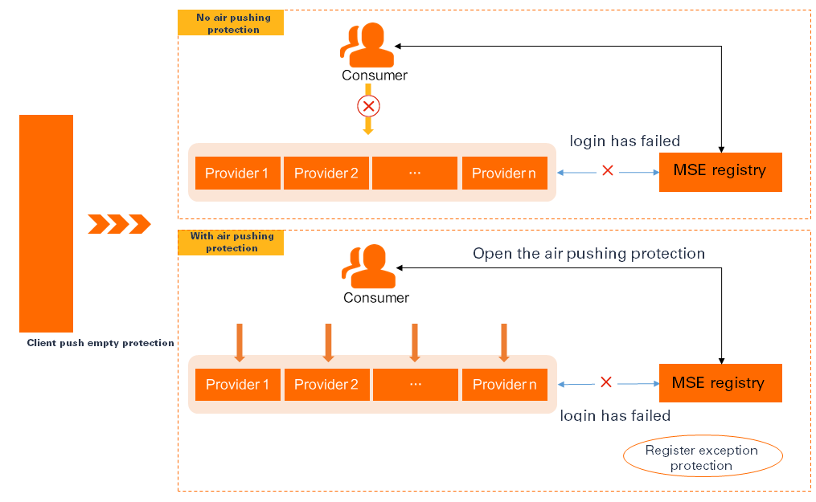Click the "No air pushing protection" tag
pyautogui.click(x=231, y=23)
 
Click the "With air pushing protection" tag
pyautogui.click(x=231, y=243)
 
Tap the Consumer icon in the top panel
pyautogui.click(x=368, y=45)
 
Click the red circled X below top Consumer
pyautogui.click(x=368, y=106)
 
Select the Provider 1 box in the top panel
pyautogui.click(x=237, y=173)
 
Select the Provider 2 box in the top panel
pyautogui.click(x=326, y=173)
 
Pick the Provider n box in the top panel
pyautogui.click(x=504, y=173)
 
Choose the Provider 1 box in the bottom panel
pyautogui.click(x=237, y=385)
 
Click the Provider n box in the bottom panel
pyautogui.click(x=504, y=385)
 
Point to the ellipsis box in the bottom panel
pyautogui.click(x=415, y=385)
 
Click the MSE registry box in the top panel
pyautogui.click(x=720, y=171)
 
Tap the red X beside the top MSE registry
pyautogui.click(x=608, y=170)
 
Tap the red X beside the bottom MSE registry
pyautogui.click(x=606, y=382)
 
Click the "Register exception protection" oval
pyautogui.click(x=702, y=458)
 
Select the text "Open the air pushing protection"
pyautogui.click(x=588, y=254)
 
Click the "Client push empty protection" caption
pyautogui.click(x=100, y=343)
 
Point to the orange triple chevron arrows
pyautogui.click(x=119, y=224)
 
